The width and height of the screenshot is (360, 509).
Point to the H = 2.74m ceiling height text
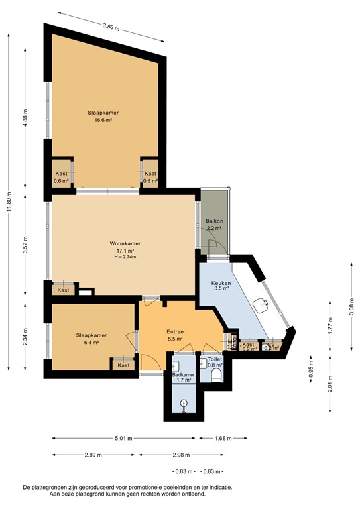coord(125,257)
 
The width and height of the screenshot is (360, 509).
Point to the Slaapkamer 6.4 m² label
coord(91,339)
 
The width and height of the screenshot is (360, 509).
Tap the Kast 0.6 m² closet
coord(61,176)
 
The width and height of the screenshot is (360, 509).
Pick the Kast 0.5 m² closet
coord(150,176)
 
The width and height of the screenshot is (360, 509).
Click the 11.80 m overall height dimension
coord(9,199)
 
